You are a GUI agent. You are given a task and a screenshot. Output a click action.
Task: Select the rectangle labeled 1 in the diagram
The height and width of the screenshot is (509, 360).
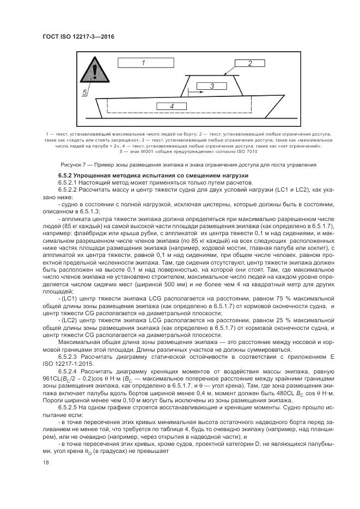(143, 63)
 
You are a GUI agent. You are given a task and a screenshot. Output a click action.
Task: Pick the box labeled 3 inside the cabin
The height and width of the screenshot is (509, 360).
(211, 86)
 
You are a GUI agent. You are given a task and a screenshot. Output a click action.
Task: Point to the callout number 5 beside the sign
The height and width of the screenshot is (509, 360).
(85, 93)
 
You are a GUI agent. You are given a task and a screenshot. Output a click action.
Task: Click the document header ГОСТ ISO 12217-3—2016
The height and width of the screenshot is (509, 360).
(78, 37)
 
